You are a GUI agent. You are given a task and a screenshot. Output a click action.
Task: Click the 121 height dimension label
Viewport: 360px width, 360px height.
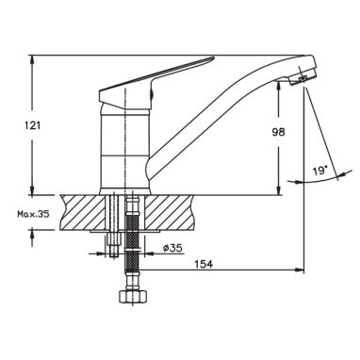tap(33, 125)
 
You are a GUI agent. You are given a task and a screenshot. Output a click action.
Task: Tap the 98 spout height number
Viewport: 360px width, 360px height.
tap(278, 132)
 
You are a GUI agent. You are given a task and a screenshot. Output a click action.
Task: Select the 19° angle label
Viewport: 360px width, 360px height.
tap(319, 172)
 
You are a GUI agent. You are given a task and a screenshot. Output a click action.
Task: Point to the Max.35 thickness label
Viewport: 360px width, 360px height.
tap(33, 215)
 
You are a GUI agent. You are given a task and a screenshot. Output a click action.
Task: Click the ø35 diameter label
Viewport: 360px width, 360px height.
tap(172, 248)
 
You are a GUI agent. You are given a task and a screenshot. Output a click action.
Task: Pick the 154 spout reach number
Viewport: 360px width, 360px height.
tap(204, 264)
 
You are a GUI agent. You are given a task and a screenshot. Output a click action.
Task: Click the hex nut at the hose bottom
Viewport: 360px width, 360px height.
tap(132, 296)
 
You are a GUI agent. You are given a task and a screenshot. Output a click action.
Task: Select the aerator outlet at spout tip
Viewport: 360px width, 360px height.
tap(303, 78)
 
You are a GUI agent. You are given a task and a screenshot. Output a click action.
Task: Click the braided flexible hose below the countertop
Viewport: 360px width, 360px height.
tap(132, 243)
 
